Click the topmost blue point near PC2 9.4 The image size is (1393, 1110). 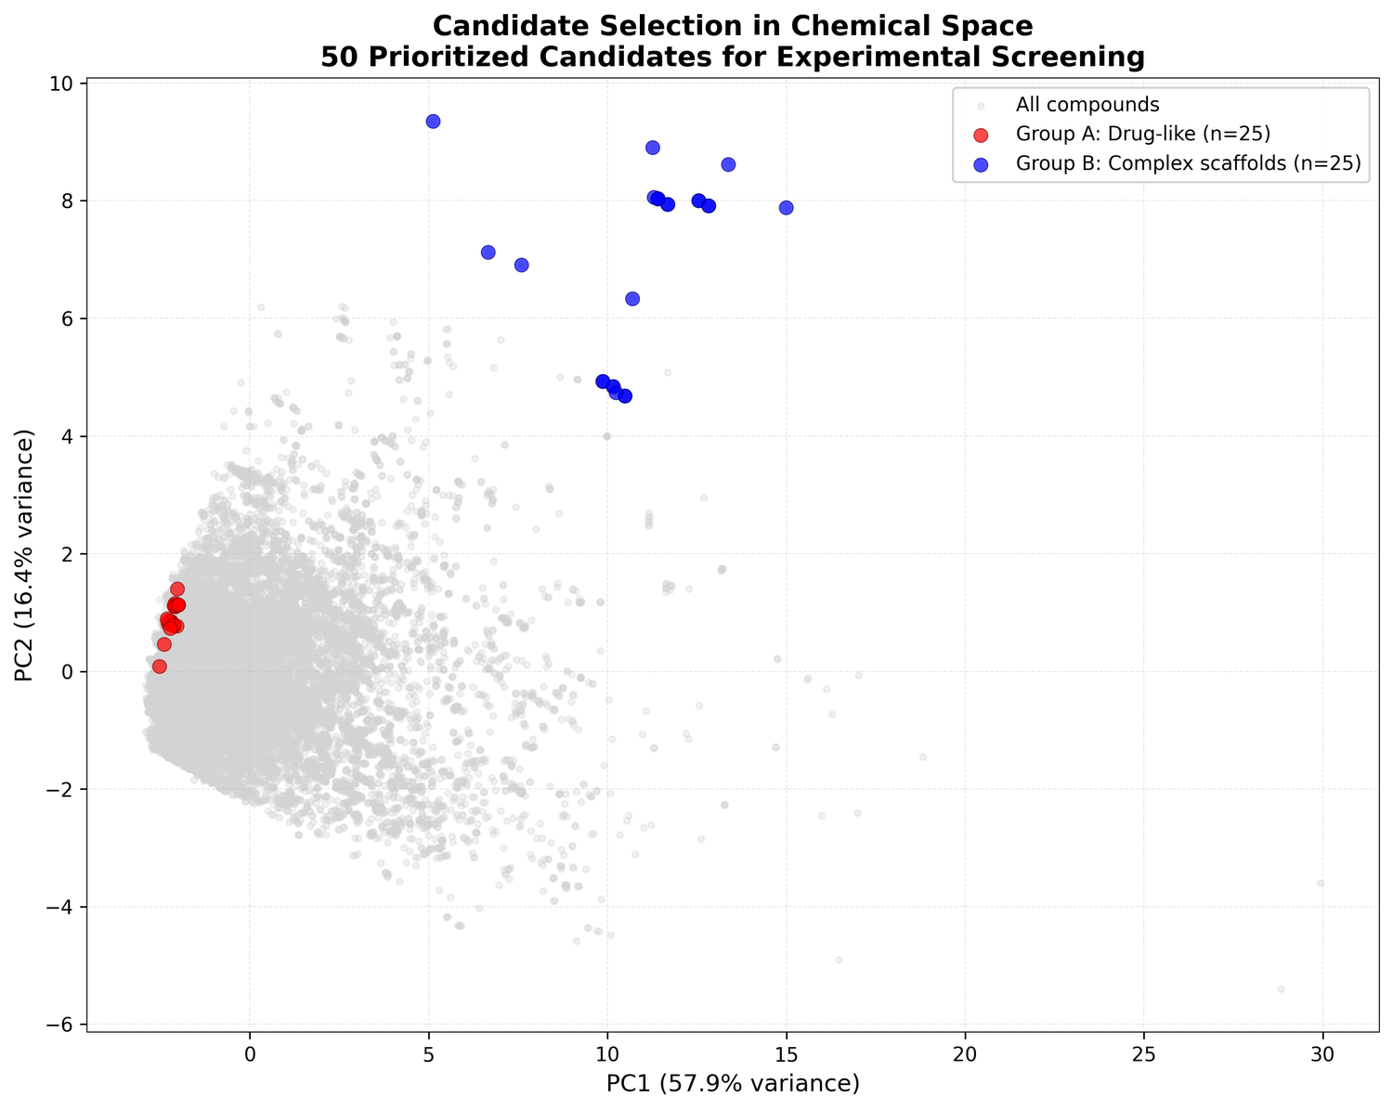(433, 122)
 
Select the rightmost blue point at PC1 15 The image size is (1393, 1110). (786, 208)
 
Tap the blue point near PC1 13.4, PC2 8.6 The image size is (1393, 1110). (728, 165)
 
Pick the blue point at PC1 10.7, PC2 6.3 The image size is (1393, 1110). (632, 299)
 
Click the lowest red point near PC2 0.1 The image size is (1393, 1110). (160, 666)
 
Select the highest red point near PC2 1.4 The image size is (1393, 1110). (177, 589)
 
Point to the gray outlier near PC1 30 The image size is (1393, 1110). (1321, 883)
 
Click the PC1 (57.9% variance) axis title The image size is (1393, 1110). (733, 1083)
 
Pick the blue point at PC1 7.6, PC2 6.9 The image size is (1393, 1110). (521, 265)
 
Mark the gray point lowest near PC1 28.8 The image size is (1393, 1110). (1281, 989)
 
